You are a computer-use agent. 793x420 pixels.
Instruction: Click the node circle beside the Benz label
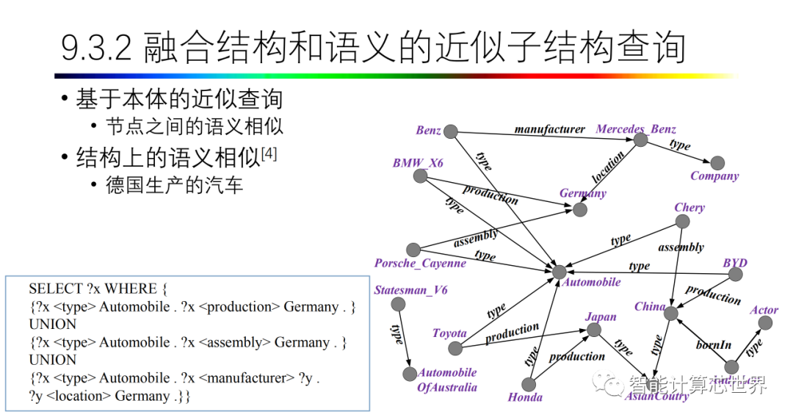pos(451,132)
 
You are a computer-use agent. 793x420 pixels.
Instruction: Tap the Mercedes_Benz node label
pos(636,129)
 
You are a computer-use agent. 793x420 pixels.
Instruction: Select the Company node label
pos(714,176)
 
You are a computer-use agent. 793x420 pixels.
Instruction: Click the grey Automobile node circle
pos(560,272)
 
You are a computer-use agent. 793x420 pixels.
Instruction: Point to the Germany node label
pos(583,193)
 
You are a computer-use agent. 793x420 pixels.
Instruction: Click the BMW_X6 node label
pos(418,163)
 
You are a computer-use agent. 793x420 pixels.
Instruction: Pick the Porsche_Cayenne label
pos(420,263)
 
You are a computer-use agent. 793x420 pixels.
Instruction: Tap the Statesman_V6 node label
pos(410,290)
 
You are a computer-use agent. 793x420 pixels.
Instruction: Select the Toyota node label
pos(449,333)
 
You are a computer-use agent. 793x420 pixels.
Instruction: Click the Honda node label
pos(525,397)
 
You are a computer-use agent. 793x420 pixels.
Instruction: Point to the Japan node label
pos(601,317)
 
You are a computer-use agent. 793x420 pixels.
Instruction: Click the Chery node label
pos(689,208)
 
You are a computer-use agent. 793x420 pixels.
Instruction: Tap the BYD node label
pos(735,263)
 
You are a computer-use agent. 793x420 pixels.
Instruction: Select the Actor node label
pos(764,311)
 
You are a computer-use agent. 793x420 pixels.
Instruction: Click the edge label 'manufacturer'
pos(550,129)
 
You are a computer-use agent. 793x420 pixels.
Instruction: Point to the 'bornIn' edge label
pos(714,344)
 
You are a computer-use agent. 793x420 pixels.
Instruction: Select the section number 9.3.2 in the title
pos(95,48)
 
